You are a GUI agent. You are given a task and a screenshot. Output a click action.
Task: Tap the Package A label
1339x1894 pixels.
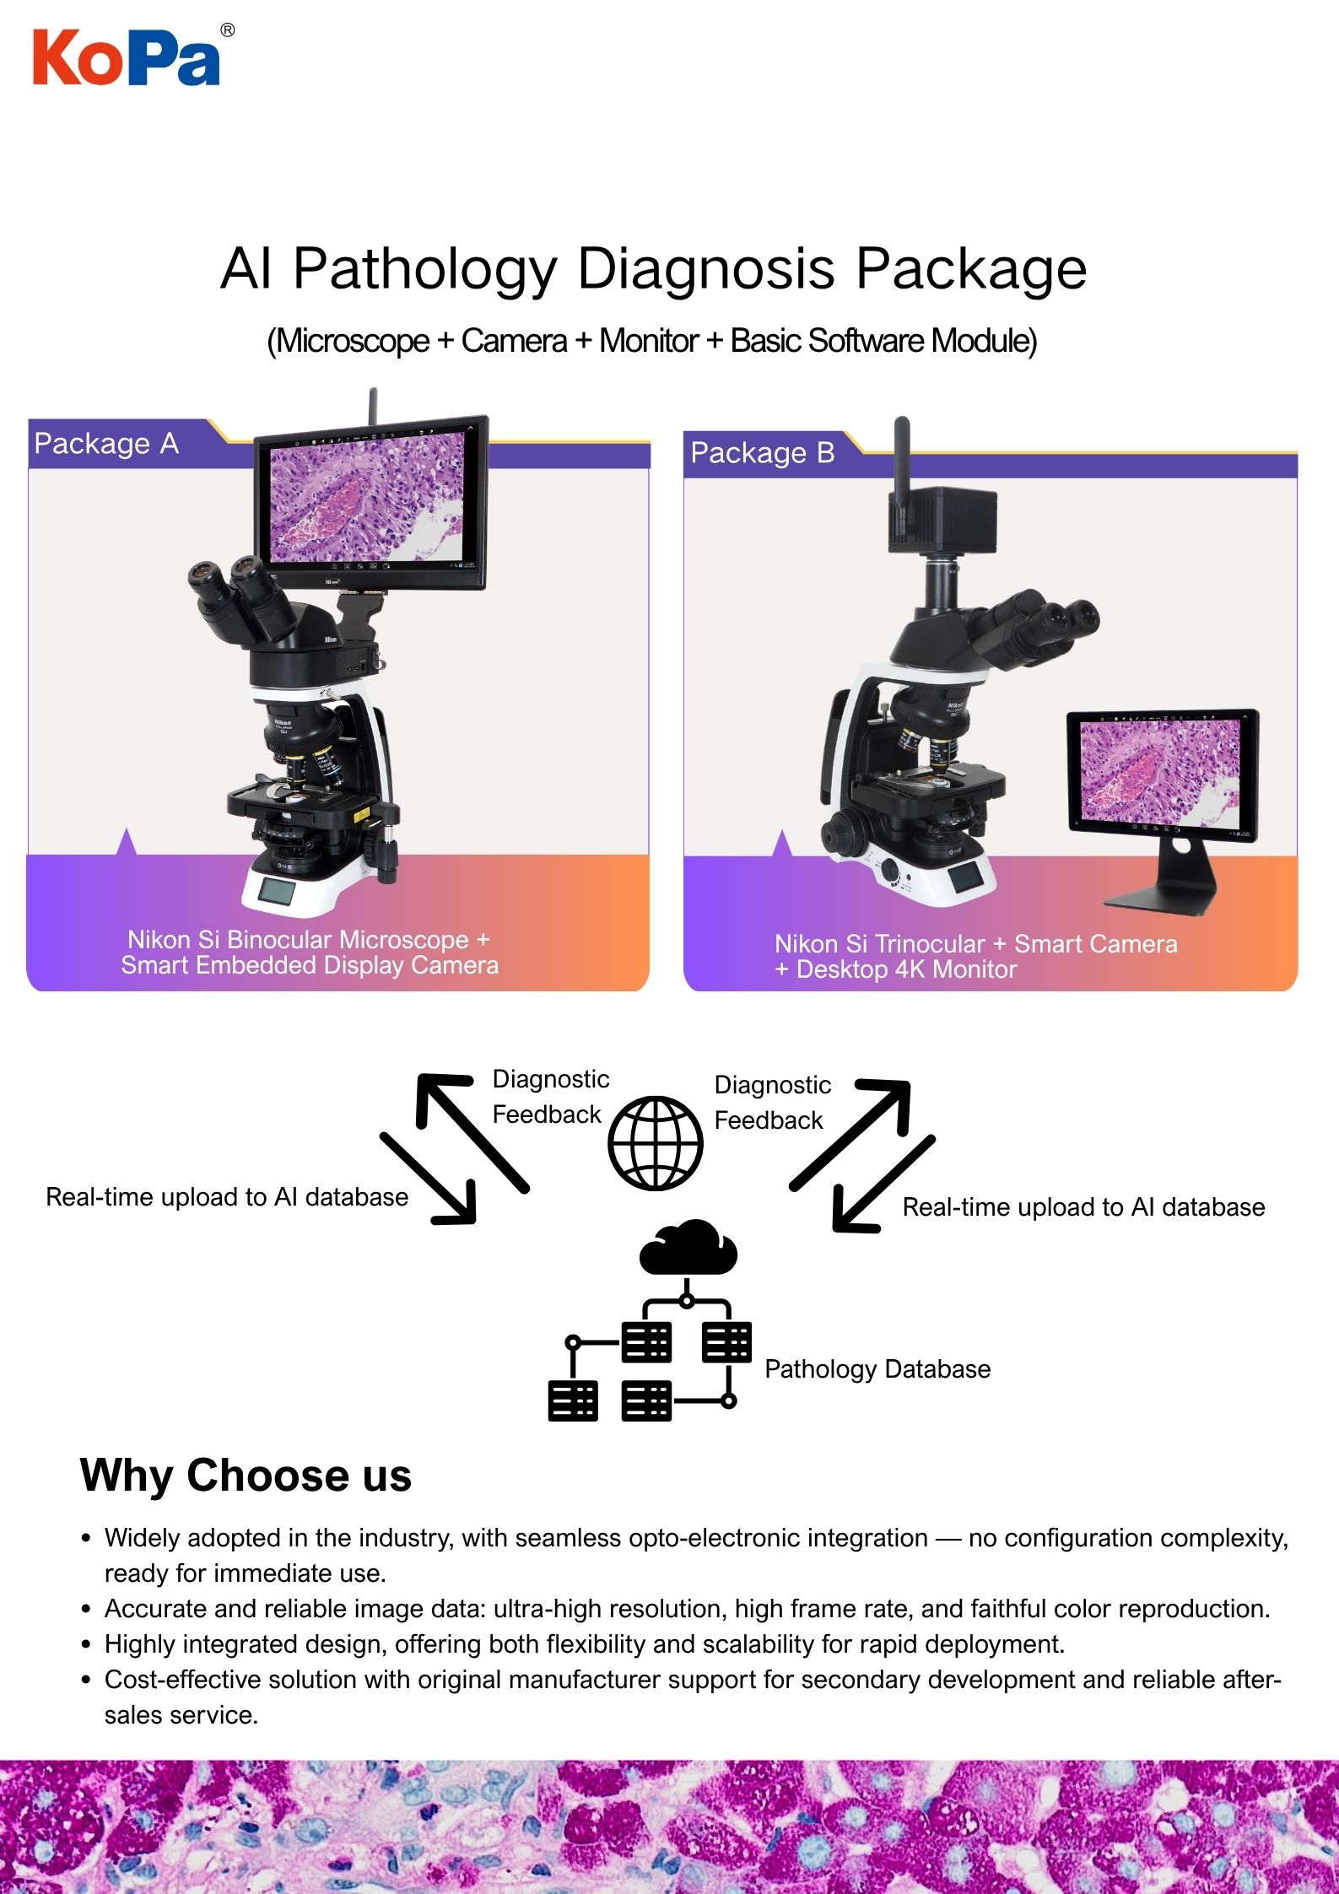pyautogui.click(x=106, y=444)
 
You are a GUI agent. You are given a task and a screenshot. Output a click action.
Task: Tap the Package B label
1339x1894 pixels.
pyautogui.click(x=762, y=453)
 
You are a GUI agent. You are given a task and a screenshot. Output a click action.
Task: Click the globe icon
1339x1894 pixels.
pyautogui.click(x=656, y=1143)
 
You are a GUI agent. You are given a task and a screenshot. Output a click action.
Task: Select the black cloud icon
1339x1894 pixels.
pyautogui.click(x=688, y=1247)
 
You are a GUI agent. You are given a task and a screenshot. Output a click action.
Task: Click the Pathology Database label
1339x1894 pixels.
pyautogui.click(x=877, y=1368)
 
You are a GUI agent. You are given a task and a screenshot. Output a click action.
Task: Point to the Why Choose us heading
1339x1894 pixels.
pyautogui.click(x=246, y=1476)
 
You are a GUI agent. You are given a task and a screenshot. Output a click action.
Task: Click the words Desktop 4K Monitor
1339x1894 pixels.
pyautogui.click(x=906, y=969)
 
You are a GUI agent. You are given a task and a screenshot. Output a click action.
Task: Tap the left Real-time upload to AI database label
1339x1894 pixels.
pyautogui.click(x=226, y=1197)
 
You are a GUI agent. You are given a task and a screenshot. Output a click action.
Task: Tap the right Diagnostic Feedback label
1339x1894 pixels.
pyautogui.click(x=771, y=1102)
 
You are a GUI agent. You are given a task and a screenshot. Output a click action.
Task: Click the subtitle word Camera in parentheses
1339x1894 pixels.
pyautogui.click(x=514, y=341)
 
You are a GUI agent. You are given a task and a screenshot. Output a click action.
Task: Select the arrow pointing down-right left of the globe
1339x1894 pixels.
pyautogui.click(x=429, y=1178)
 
